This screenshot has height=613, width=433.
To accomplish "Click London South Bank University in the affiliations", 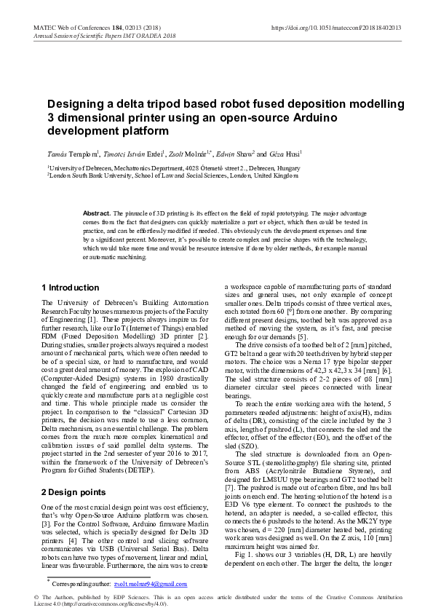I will (95, 175).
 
